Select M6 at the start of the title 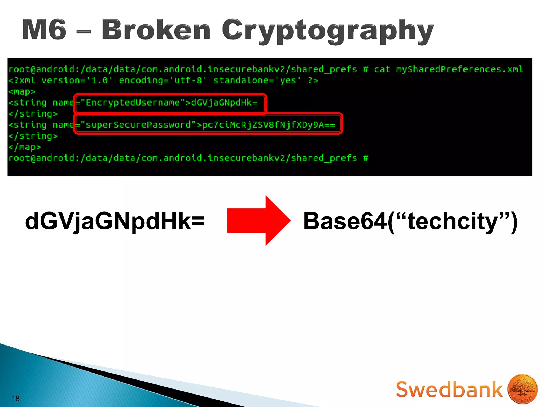point(44,30)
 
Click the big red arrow point(259,220)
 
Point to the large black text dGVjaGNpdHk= point(115,221)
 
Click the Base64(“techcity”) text point(410,221)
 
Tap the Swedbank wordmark point(449,390)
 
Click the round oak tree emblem point(522,389)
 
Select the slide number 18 point(16,399)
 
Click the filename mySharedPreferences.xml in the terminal point(459,69)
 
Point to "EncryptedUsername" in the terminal point(133,103)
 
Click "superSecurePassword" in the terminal point(138,125)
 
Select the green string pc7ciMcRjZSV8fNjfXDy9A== point(268,125)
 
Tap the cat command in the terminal point(382,69)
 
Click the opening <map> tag point(22,92)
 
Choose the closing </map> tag point(25,147)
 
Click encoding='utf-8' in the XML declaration point(163,81)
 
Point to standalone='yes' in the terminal point(257,81)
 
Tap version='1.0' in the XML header point(77,81)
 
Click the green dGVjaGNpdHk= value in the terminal point(224,103)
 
